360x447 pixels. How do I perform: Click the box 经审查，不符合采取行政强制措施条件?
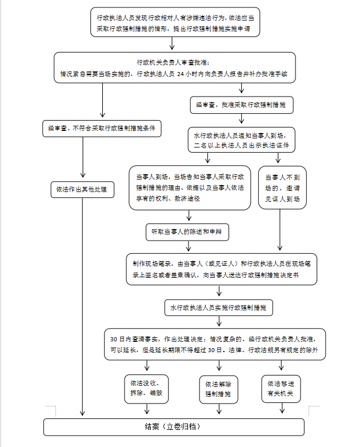[x=102, y=129]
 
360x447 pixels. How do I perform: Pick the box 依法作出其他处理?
[x=83, y=189]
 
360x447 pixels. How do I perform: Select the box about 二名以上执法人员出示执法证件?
[x=244, y=140]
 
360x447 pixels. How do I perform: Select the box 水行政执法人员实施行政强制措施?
[x=219, y=308]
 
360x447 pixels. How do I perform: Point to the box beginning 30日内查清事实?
[x=215, y=344]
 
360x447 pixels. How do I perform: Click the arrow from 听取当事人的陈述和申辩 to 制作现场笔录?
[x=189, y=246]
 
